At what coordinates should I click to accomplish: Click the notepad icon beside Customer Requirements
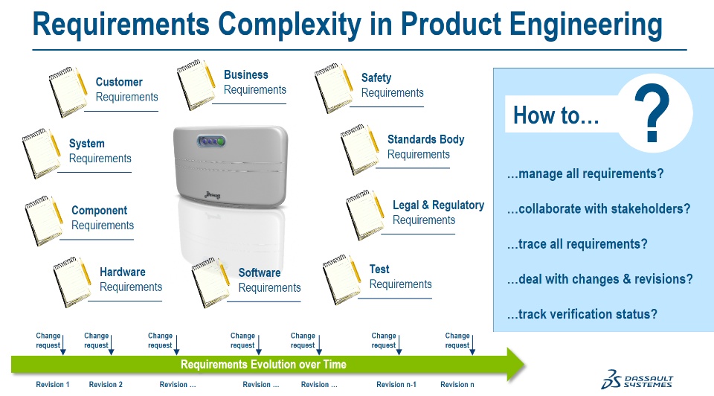click(x=68, y=92)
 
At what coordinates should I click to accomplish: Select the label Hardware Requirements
click(x=130, y=280)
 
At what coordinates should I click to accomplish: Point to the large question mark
click(x=652, y=115)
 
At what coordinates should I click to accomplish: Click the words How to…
click(x=556, y=116)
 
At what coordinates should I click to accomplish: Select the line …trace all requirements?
click(x=577, y=244)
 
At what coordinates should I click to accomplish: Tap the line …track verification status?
click(x=582, y=314)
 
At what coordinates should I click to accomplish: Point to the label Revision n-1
click(x=396, y=385)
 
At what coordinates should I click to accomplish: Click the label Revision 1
click(x=53, y=385)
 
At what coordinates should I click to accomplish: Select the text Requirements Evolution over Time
click(x=263, y=365)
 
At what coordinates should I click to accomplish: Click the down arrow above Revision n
click(x=473, y=345)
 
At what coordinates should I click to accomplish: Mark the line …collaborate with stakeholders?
click(x=598, y=209)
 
